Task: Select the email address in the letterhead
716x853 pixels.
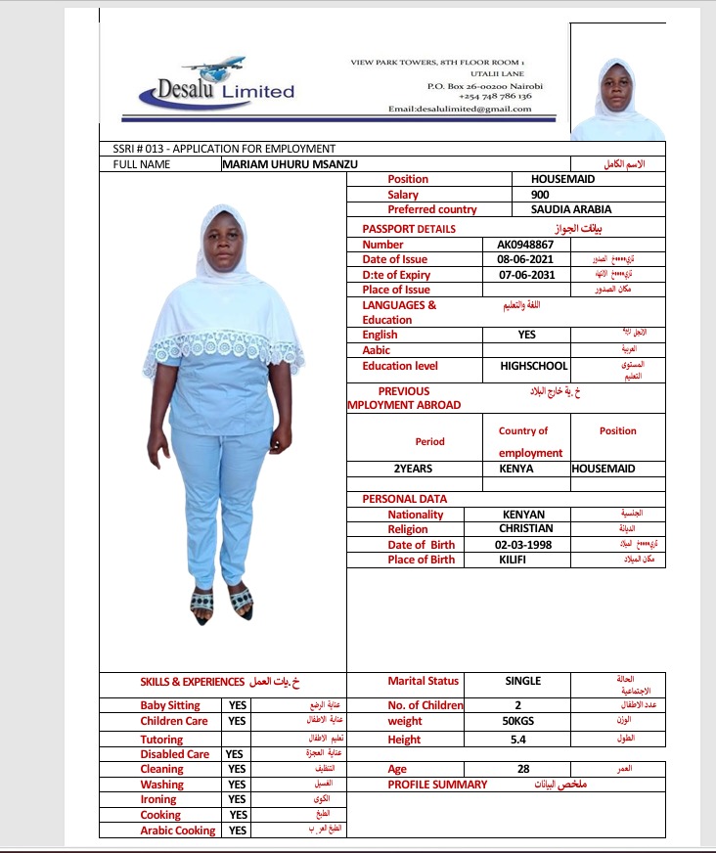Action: [x=460, y=109]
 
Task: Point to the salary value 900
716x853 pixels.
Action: [x=539, y=195]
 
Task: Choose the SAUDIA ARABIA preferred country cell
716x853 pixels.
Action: [x=571, y=209]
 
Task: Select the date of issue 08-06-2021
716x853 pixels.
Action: [x=526, y=259]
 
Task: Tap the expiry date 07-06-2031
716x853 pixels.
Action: [x=526, y=275]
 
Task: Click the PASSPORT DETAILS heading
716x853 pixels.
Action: [x=408, y=229]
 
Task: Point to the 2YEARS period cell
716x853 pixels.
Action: [x=413, y=469]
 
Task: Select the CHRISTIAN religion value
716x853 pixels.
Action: [x=525, y=529]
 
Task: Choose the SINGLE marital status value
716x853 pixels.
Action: [x=522, y=681]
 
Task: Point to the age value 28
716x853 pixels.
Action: [x=523, y=770]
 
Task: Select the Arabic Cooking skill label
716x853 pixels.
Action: [x=177, y=831]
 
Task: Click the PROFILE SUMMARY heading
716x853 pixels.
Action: [x=437, y=785]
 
